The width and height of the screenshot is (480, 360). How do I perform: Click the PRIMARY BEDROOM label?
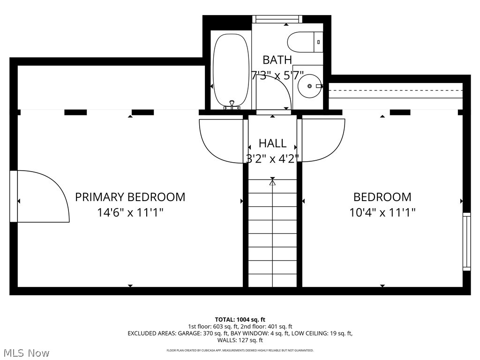pos(130,197)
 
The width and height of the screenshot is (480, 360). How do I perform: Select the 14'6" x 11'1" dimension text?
pos(130,213)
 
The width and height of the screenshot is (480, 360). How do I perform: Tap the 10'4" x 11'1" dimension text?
pos(382,213)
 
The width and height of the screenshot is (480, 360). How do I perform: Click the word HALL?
pos(272,143)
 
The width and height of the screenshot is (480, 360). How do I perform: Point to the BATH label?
pos(277,60)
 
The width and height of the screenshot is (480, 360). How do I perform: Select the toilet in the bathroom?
pos(304,42)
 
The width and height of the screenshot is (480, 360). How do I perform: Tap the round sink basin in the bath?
pos(309,86)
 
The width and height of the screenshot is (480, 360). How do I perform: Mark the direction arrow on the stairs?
pos(272,181)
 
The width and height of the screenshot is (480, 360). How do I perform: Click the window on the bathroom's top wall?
pos(276,19)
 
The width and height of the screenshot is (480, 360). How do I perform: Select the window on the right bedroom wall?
pos(466,241)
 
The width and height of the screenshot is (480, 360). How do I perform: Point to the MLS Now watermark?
pos(26,352)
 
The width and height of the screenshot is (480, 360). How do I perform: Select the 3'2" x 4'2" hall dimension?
pos(272,158)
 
